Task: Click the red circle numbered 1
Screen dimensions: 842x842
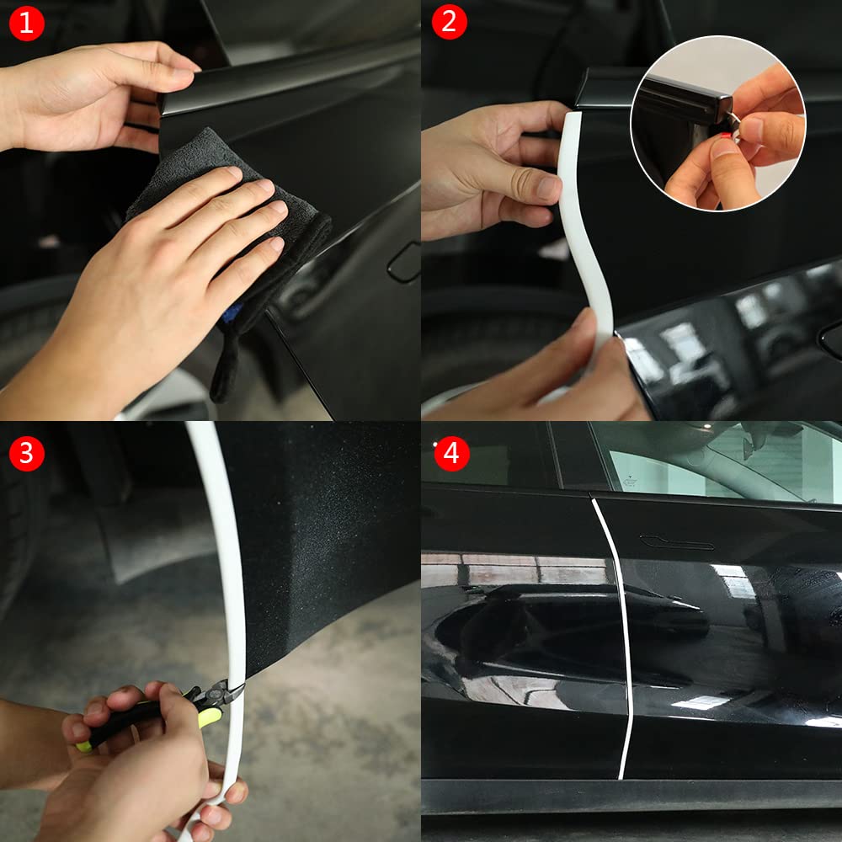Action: point(26,24)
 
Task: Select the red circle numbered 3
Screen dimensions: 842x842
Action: point(26,453)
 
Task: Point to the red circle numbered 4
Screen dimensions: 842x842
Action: point(451,454)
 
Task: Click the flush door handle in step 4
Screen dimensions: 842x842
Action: point(676,542)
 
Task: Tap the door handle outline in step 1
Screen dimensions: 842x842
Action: point(404,263)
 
